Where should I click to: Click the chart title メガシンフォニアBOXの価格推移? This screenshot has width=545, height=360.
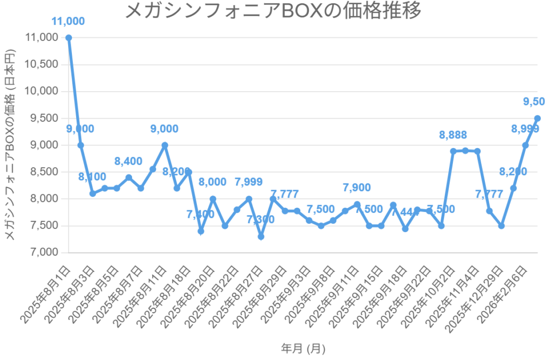tap(272, 11)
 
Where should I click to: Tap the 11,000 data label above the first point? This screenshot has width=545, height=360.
tap(68, 21)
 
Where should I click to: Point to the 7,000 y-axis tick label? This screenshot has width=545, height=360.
tap(45, 252)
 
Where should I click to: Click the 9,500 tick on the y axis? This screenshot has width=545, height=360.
tap(45, 118)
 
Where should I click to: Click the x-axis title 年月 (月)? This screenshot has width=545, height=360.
tap(303, 349)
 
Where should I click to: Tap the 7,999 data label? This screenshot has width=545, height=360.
tap(248, 182)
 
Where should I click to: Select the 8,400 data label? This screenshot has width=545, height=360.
tap(128, 161)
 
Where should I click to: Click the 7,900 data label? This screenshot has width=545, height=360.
tap(357, 187)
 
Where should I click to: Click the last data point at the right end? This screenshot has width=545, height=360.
tap(537, 118)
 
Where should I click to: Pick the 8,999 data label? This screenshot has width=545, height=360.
tap(525, 129)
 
